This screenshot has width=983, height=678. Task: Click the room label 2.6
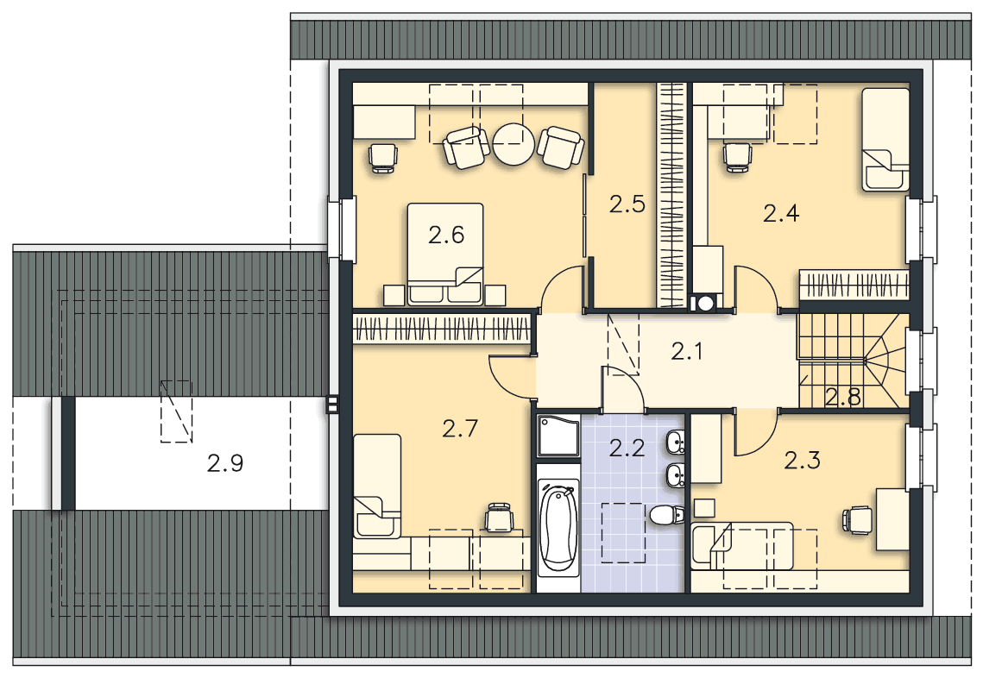coord(446,235)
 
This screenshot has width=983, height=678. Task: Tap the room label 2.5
coord(627,204)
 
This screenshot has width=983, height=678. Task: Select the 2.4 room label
coord(781,214)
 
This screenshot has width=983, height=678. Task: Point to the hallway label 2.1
coord(687,352)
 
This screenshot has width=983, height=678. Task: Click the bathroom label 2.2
coord(627,448)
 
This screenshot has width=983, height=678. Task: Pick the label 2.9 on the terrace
coord(225,464)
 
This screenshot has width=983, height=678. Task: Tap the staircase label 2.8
coord(843,397)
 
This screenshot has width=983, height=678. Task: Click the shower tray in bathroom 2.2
coord(558,436)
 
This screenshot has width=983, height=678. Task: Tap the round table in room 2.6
coord(514,144)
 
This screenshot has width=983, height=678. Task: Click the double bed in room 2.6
coord(445,254)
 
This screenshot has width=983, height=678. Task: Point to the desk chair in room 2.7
coord(499,518)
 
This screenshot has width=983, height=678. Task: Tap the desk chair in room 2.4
coord(737,157)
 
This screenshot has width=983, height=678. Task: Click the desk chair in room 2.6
coord(382,157)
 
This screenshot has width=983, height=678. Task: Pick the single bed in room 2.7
coord(377,487)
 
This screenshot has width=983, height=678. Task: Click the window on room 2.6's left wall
coord(342,228)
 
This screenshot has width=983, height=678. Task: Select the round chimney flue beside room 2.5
coord(706,304)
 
